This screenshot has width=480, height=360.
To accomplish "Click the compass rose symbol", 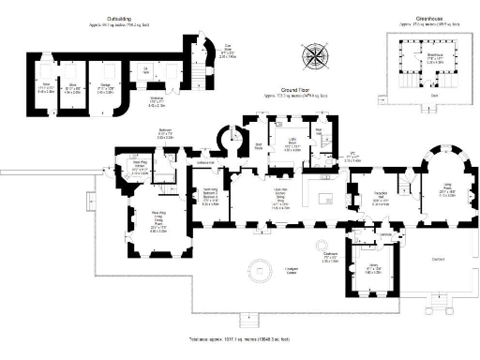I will click(x=314, y=58).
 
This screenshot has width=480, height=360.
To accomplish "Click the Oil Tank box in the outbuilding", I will click(x=145, y=71).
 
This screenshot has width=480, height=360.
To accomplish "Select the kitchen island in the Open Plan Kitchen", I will click(x=329, y=199).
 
